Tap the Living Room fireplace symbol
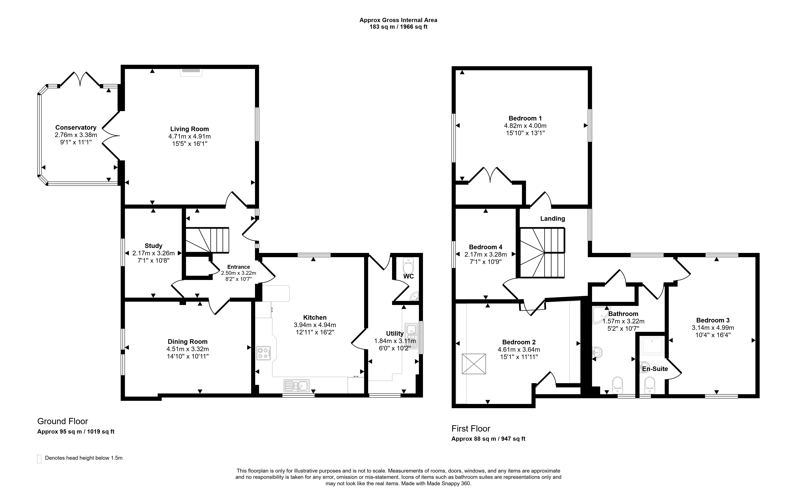click(x=191, y=72)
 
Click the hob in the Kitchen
click(x=264, y=353)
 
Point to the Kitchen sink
click(x=297, y=386)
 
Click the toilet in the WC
click(x=408, y=266)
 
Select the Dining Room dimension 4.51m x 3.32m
click(x=188, y=349)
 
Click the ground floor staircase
click(x=207, y=240)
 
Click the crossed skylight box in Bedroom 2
click(x=474, y=364)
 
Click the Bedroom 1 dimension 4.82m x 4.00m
click(x=525, y=126)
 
